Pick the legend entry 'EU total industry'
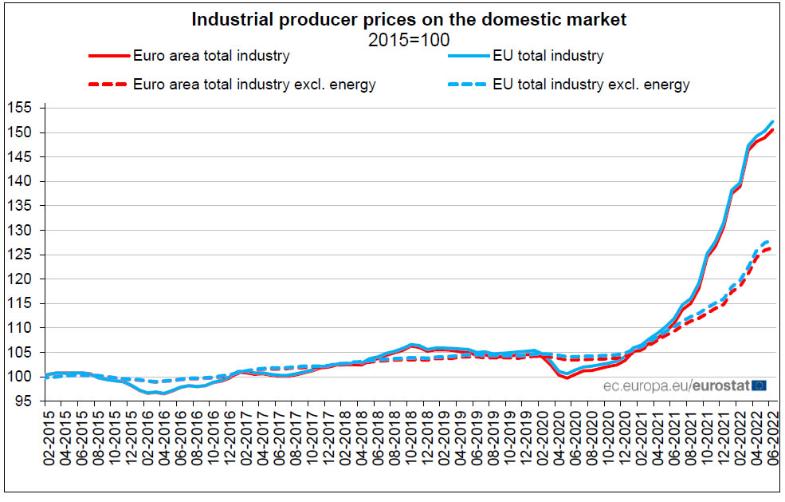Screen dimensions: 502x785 point(548,56)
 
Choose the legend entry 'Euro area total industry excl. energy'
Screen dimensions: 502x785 point(254,84)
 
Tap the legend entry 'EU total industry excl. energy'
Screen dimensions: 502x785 point(591,84)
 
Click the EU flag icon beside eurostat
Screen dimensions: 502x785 point(759,385)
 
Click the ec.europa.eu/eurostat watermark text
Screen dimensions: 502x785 point(676,385)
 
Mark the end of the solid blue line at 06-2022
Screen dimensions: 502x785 point(772,121)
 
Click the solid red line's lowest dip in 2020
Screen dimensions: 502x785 point(567,377)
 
